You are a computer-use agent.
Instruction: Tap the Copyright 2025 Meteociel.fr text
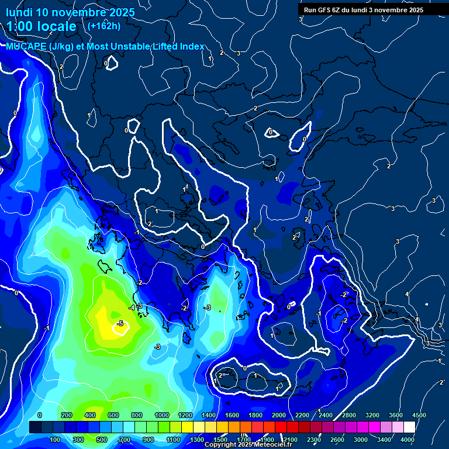[248, 445]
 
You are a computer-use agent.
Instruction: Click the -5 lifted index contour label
[119, 323]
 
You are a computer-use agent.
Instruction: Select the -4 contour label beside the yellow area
[132, 307]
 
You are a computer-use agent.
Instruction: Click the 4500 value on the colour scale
[419, 415]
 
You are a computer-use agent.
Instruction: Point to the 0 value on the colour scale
[40, 415]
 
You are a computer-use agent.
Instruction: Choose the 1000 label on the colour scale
[161, 415]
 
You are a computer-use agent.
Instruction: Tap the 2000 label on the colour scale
[279, 415]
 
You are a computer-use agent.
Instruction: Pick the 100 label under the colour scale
[56, 440]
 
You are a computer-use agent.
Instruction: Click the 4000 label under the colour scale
[407, 440]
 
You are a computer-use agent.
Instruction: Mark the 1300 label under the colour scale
[197, 440]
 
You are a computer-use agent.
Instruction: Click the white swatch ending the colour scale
[409, 427]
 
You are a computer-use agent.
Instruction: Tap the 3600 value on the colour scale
[396, 415]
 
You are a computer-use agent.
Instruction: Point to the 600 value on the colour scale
[113, 415]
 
